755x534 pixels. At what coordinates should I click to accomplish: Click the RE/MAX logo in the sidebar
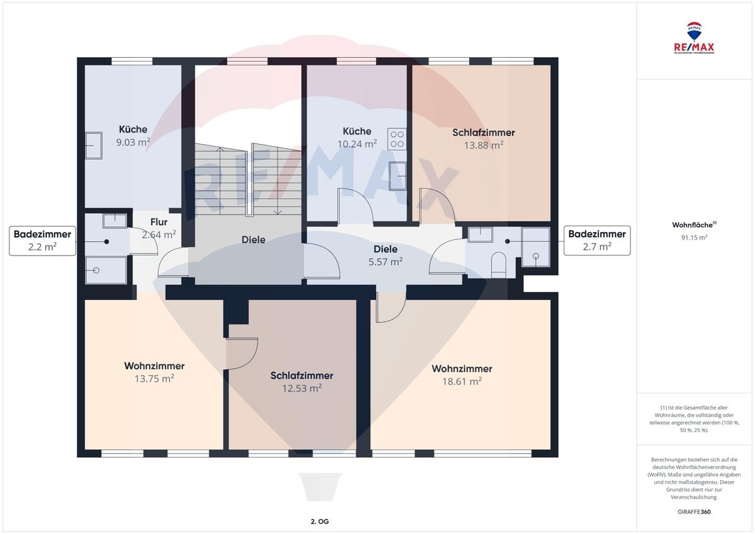(694, 38)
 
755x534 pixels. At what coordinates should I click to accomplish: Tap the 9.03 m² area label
(133, 142)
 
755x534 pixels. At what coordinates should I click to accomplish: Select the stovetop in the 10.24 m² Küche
(397, 139)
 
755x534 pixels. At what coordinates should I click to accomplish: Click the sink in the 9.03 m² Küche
(94, 145)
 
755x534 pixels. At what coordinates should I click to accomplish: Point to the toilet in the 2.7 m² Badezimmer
(499, 265)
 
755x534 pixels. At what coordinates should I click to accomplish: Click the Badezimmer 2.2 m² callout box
(43, 240)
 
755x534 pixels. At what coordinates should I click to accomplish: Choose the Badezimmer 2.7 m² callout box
(597, 240)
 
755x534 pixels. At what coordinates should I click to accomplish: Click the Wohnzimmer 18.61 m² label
(462, 375)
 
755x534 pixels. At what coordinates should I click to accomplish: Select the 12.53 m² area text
(301, 389)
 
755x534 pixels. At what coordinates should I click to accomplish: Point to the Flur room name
(159, 222)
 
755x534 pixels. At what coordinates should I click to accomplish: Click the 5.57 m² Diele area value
(385, 262)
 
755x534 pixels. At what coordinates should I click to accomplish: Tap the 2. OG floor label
(320, 521)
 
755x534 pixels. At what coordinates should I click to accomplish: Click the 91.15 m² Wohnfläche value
(694, 238)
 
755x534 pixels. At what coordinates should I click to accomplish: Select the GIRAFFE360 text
(694, 512)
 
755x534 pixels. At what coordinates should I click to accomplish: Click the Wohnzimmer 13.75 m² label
(154, 372)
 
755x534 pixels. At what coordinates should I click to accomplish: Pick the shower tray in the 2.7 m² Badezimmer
(535, 247)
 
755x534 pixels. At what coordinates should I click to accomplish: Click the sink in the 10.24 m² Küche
(398, 176)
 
